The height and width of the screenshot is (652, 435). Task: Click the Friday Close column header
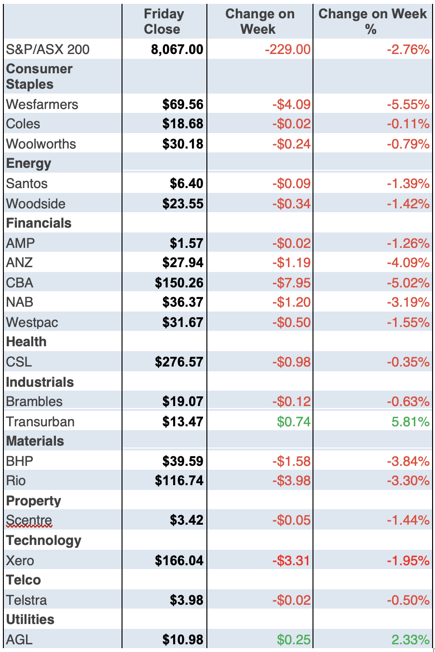coord(163,22)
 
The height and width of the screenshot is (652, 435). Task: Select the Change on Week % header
coord(372,22)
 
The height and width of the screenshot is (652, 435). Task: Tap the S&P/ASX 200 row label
coord(48,49)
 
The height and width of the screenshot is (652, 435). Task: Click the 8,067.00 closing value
coord(177,49)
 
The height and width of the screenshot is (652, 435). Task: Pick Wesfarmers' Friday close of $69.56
coord(183,104)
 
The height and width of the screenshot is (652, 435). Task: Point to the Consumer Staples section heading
coord(39,76)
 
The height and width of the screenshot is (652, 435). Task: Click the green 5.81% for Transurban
coord(410,421)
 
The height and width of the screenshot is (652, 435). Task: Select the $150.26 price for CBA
coord(179,283)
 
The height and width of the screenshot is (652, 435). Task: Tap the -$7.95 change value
coord(291,283)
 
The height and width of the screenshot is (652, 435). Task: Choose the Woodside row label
coord(36,204)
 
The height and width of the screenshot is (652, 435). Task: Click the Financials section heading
coord(39,223)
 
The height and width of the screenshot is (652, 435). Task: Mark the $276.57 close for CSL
coord(179,362)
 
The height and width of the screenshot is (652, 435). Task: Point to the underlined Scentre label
coord(29,520)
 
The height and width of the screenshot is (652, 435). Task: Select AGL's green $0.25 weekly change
coord(294,639)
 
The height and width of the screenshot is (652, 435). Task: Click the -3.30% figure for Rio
coord(408,480)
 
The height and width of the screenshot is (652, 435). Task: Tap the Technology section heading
coord(43,540)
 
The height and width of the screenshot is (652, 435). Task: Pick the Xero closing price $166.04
coord(179,560)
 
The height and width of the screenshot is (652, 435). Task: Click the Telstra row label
coord(27,600)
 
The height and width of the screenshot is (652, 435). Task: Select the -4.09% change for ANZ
coord(408,262)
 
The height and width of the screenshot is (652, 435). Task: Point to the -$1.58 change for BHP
coord(291,461)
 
